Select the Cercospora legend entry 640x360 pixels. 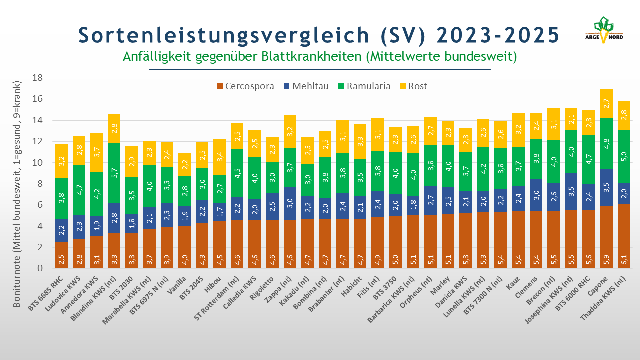pyautogui.click(x=245, y=86)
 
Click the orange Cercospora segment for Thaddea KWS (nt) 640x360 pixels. pyautogui.click(x=625, y=236)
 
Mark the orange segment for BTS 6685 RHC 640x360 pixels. pyautogui.click(x=61, y=255)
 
